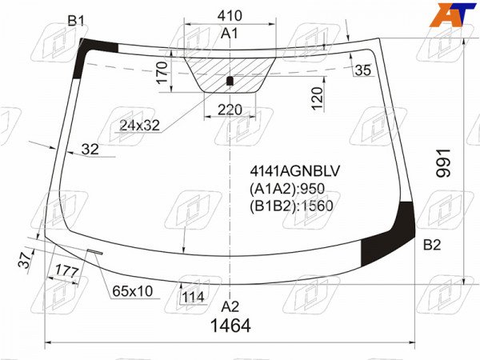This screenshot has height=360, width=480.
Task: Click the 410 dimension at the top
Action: pos(230,15)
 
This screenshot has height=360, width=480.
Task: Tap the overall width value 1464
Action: pos(231,326)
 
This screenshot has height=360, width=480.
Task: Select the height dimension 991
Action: pos(443,163)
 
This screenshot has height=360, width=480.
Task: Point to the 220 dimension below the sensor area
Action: pos(230,110)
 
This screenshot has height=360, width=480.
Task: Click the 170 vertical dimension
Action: pos(162,73)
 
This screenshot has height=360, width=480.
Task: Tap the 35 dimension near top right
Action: pos(363,70)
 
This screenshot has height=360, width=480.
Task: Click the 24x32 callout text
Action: pos(139,126)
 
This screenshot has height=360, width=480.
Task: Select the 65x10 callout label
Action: pos(132,291)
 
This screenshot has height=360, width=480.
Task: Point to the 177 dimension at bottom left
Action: pos(67,271)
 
